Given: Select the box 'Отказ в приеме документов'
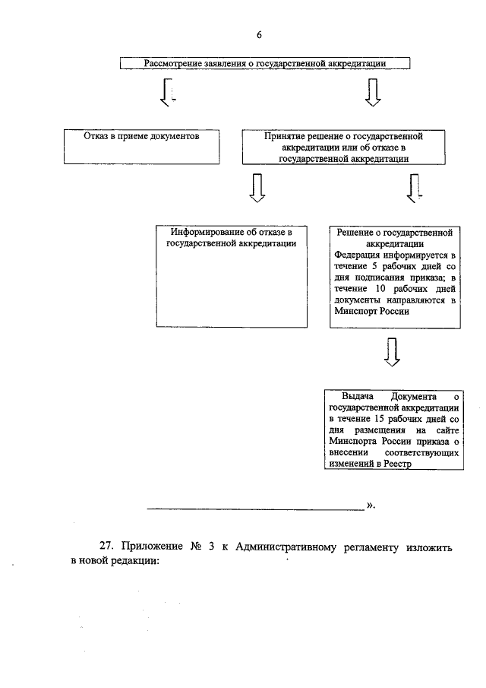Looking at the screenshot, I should click(x=141, y=146).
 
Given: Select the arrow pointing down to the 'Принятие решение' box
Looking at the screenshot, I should click(x=372, y=93).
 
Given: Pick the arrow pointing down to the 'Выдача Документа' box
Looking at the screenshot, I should click(x=392, y=351).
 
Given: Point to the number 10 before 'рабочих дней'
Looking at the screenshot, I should click(x=380, y=289).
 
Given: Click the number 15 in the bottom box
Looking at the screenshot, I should click(x=380, y=419).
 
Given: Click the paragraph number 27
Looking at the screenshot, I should click(x=107, y=547).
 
